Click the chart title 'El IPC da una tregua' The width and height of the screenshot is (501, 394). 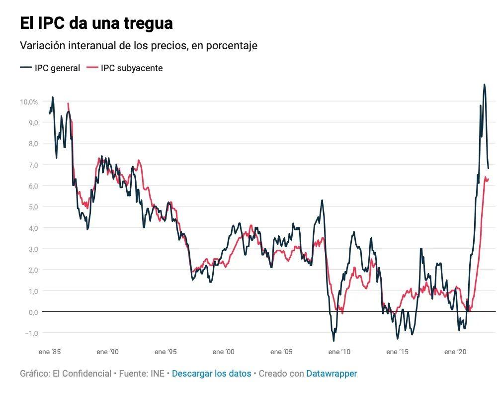[96, 23]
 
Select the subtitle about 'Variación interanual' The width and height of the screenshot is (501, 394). [138, 45]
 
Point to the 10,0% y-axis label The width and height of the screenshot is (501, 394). [29, 101]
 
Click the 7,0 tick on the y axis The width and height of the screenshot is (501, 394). [32, 165]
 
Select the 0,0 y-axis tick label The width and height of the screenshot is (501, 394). [32, 312]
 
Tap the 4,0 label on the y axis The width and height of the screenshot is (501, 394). [32, 228]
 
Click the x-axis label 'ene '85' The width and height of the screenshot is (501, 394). [50, 352]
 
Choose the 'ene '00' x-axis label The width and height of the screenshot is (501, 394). [223, 352]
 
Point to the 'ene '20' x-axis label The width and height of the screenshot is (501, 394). [456, 352]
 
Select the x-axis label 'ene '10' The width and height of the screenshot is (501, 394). [339, 352]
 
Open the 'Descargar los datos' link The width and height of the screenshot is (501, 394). [211, 374]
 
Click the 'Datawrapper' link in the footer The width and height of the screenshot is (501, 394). [332, 374]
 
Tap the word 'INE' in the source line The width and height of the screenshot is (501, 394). [157, 374]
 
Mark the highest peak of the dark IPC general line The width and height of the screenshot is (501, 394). [484, 85]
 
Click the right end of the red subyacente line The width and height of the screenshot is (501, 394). [489, 179]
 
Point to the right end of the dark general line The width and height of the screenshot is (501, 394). [488, 169]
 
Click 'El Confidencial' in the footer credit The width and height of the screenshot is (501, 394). [82, 374]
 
